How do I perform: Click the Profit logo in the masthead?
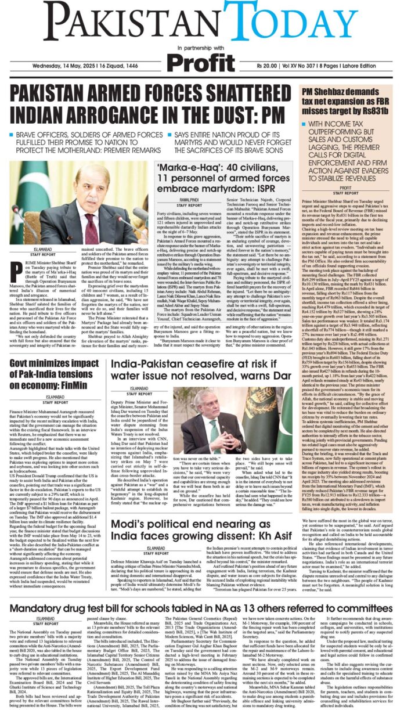pos(202,60)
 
